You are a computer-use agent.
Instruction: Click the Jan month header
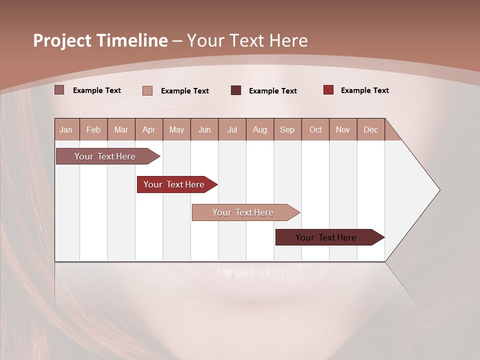coord(66,129)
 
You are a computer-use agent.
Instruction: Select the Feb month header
coord(93,129)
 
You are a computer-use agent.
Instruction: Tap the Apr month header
coord(148,129)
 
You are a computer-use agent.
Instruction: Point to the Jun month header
coord(204,129)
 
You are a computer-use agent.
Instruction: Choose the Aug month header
coord(260,129)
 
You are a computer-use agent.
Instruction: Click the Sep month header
coord(287,129)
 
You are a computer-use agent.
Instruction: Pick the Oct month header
coord(315,129)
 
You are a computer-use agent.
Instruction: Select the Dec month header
coord(370,129)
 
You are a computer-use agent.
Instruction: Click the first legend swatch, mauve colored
coord(59,90)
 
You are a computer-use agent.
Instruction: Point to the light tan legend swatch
coord(147,90)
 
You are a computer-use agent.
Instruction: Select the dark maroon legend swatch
coord(236,90)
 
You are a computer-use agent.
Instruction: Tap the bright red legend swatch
coord(328,90)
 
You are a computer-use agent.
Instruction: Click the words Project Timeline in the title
coord(100,40)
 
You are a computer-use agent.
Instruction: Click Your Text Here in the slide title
coord(247,40)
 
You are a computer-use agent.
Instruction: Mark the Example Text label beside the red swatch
coord(364,90)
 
